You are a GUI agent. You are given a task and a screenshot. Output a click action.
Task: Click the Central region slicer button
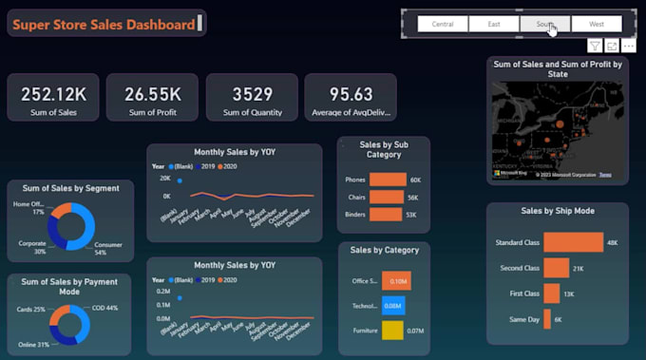[443, 24]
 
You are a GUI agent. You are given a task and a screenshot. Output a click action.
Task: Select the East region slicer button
[494, 24]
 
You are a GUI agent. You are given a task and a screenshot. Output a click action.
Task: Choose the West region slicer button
[597, 24]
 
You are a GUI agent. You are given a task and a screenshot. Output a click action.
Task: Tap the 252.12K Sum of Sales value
[54, 94]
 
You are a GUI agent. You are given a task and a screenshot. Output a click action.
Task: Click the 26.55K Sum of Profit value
[153, 94]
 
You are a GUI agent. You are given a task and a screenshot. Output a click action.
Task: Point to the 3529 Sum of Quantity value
[252, 94]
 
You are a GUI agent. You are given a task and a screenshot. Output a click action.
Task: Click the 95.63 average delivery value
[351, 94]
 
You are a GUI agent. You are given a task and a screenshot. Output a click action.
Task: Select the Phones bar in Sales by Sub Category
[388, 180]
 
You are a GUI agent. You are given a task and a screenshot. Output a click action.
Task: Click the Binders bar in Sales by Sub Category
[385, 215]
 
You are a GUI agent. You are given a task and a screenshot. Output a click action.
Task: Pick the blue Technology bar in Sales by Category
[393, 306]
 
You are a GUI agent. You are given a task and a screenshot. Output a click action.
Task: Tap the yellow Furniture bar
[392, 331]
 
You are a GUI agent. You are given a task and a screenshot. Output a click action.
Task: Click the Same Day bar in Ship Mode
[546, 320]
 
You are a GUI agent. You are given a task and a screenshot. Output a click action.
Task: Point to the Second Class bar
[556, 269]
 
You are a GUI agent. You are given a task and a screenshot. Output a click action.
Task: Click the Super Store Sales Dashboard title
[104, 24]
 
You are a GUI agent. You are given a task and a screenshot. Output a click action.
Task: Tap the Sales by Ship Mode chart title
[557, 211]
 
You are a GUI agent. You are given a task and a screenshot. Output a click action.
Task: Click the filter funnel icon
[595, 46]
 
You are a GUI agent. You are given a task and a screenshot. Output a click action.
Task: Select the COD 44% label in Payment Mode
[105, 309]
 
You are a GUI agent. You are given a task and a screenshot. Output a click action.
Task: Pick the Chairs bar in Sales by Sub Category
[386, 198]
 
